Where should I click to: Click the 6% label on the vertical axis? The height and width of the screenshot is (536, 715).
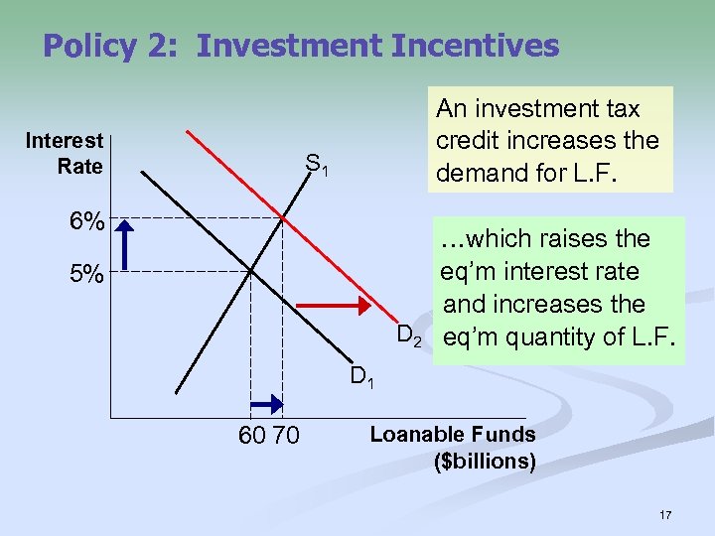click(x=86, y=223)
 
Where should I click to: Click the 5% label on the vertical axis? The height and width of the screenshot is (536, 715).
click(x=86, y=275)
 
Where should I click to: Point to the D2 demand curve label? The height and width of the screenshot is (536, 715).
click(x=409, y=337)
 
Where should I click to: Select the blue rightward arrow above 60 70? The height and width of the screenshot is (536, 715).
click(x=266, y=402)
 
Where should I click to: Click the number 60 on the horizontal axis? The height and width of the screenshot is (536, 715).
click(x=252, y=434)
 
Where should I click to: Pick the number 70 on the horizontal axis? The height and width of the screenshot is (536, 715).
click(x=284, y=434)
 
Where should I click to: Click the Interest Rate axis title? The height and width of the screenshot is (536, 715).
click(x=65, y=153)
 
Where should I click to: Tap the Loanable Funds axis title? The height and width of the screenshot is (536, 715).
click(x=452, y=434)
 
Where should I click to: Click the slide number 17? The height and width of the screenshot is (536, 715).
click(x=665, y=515)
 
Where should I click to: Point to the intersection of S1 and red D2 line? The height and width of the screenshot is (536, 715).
click(x=283, y=217)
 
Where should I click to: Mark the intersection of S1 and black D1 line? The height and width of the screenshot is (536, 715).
click(x=251, y=269)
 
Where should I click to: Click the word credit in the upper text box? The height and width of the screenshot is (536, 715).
click(x=470, y=140)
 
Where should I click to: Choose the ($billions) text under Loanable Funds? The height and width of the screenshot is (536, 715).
click(x=485, y=462)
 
